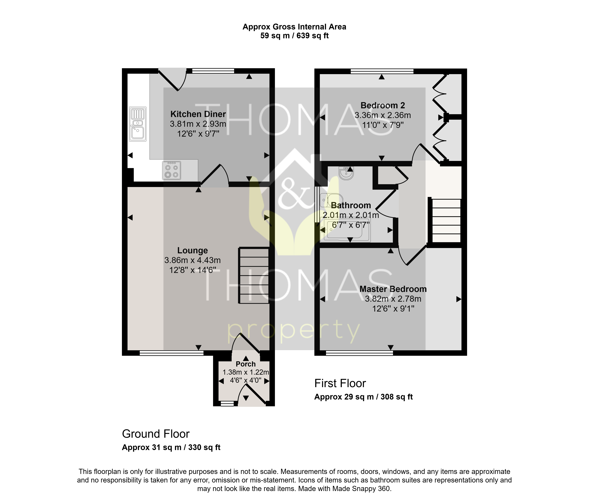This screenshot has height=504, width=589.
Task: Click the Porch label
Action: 246,364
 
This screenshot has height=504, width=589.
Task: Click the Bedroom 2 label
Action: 383,106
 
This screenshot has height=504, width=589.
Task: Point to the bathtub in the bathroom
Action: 345,230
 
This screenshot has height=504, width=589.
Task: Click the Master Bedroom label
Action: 393,289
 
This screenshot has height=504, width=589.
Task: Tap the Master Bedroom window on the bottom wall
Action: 359,353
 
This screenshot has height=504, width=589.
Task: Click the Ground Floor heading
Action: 156,434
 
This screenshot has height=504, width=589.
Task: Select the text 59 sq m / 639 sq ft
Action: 294,36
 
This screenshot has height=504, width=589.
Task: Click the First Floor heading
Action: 340,383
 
